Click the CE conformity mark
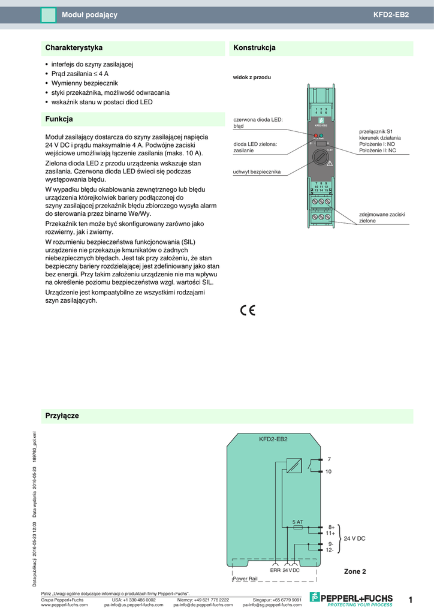(248, 310)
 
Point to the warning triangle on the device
(329, 164)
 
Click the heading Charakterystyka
(74, 47)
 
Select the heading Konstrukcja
(254, 47)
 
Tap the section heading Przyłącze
(62, 416)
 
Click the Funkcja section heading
(59, 119)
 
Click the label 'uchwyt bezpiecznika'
(257, 172)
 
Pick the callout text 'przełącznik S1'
(376, 131)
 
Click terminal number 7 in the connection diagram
(328, 459)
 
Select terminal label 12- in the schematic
(330, 550)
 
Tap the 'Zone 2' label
(355, 571)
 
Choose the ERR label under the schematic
(275, 570)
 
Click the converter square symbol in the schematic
(294, 465)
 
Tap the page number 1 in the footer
(411, 600)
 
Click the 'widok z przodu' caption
(252, 77)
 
